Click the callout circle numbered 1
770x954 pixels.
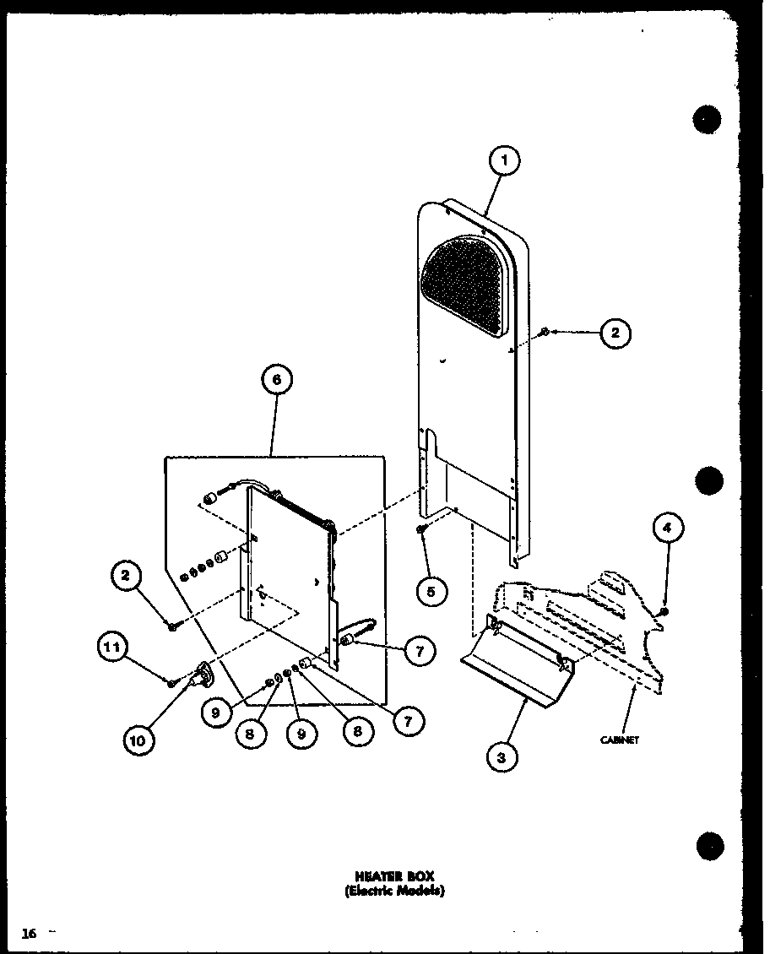[x=503, y=160]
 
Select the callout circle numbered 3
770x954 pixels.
[x=502, y=757]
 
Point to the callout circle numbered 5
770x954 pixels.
[x=431, y=591]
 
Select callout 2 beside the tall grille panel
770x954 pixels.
[x=615, y=333]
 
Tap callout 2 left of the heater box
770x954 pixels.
[x=125, y=577]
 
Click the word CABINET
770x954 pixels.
[x=619, y=740]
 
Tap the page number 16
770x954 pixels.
[x=30, y=933]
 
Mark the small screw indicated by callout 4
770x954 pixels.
[x=664, y=611]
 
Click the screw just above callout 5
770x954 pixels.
[x=420, y=529]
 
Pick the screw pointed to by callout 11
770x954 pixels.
[x=171, y=682]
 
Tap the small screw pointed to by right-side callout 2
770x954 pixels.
[x=545, y=332]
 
